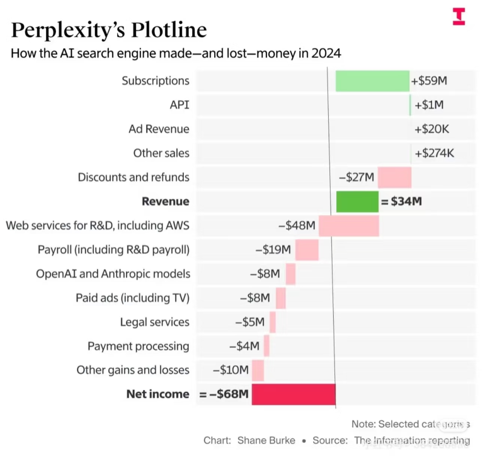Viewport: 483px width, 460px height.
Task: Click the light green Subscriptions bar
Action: pos(372,81)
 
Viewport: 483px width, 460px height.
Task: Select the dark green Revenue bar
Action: pos(357,202)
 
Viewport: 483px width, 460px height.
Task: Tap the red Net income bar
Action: pos(294,394)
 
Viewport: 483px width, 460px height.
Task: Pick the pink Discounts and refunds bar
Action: pos(394,178)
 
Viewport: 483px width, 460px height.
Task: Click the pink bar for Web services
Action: pos(349,226)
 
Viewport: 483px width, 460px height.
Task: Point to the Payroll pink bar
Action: pos(307,250)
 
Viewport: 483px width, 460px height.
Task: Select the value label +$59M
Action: pos(429,81)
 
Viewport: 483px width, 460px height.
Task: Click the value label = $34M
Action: pos(401,202)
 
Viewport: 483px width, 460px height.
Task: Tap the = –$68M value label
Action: pos(224,394)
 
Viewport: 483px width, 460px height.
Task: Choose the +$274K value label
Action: pos(434,153)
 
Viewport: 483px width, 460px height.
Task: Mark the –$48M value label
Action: pos(297,226)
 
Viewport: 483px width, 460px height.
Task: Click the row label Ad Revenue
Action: pos(159,129)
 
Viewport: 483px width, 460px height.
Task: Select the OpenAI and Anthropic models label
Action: pos(113,274)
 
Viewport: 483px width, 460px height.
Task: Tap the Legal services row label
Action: pos(155,322)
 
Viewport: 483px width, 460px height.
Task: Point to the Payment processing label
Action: pos(138,346)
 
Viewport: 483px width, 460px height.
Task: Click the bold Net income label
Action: pos(158,394)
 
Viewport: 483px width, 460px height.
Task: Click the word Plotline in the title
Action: pos(169,30)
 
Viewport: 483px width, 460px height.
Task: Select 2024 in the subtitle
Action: pos(326,54)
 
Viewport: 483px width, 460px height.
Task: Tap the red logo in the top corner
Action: pos(459,17)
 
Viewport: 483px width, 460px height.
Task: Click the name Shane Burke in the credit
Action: pos(266,441)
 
